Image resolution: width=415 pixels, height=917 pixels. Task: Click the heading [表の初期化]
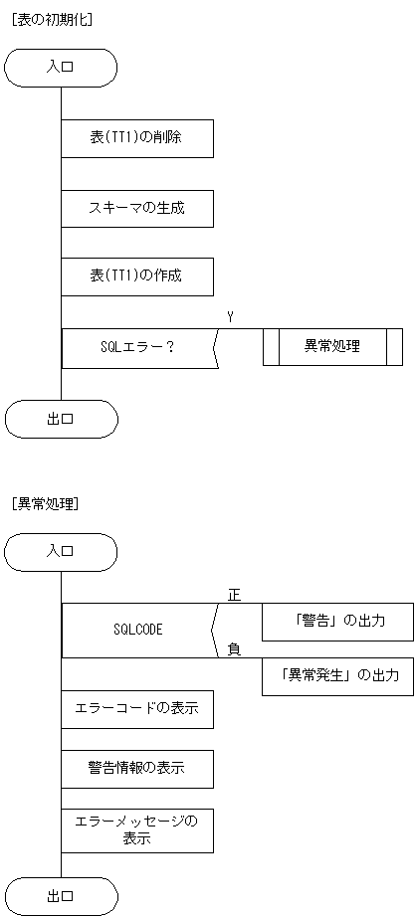(x=51, y=19)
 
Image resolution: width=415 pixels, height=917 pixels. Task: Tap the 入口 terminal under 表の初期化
(x=61, y=68)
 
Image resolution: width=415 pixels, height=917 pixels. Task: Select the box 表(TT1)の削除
(x=136, y=138)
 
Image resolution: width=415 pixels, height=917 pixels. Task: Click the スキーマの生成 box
(x=136, y=209)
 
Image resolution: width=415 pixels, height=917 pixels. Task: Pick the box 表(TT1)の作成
(x=136, y=275)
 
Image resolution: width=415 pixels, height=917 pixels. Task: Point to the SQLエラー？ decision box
(x=138, y=348)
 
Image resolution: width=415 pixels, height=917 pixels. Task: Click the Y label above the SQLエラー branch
(x=230, y=317)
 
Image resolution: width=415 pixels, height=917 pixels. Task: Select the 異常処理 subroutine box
(x=332, y=347)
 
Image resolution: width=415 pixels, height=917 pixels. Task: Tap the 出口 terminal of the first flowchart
(x=61, y=419)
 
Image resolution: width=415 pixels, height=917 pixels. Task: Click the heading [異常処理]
(x=45, y=503)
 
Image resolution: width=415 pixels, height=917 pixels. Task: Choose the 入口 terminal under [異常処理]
(x=61, y=552)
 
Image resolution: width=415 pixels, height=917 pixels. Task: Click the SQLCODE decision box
(x=138, y=630)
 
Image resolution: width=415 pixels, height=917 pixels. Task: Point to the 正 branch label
(x=234, y=596)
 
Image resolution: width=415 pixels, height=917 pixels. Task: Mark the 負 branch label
(x=234, y=649)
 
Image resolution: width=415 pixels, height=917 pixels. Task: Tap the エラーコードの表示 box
(x=136, y=709)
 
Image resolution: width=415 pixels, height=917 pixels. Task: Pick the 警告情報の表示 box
(x=136, y=768)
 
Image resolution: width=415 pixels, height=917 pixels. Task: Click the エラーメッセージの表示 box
(x=136, y=829)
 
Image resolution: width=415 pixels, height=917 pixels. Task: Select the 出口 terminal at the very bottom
(x=61, y=896)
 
